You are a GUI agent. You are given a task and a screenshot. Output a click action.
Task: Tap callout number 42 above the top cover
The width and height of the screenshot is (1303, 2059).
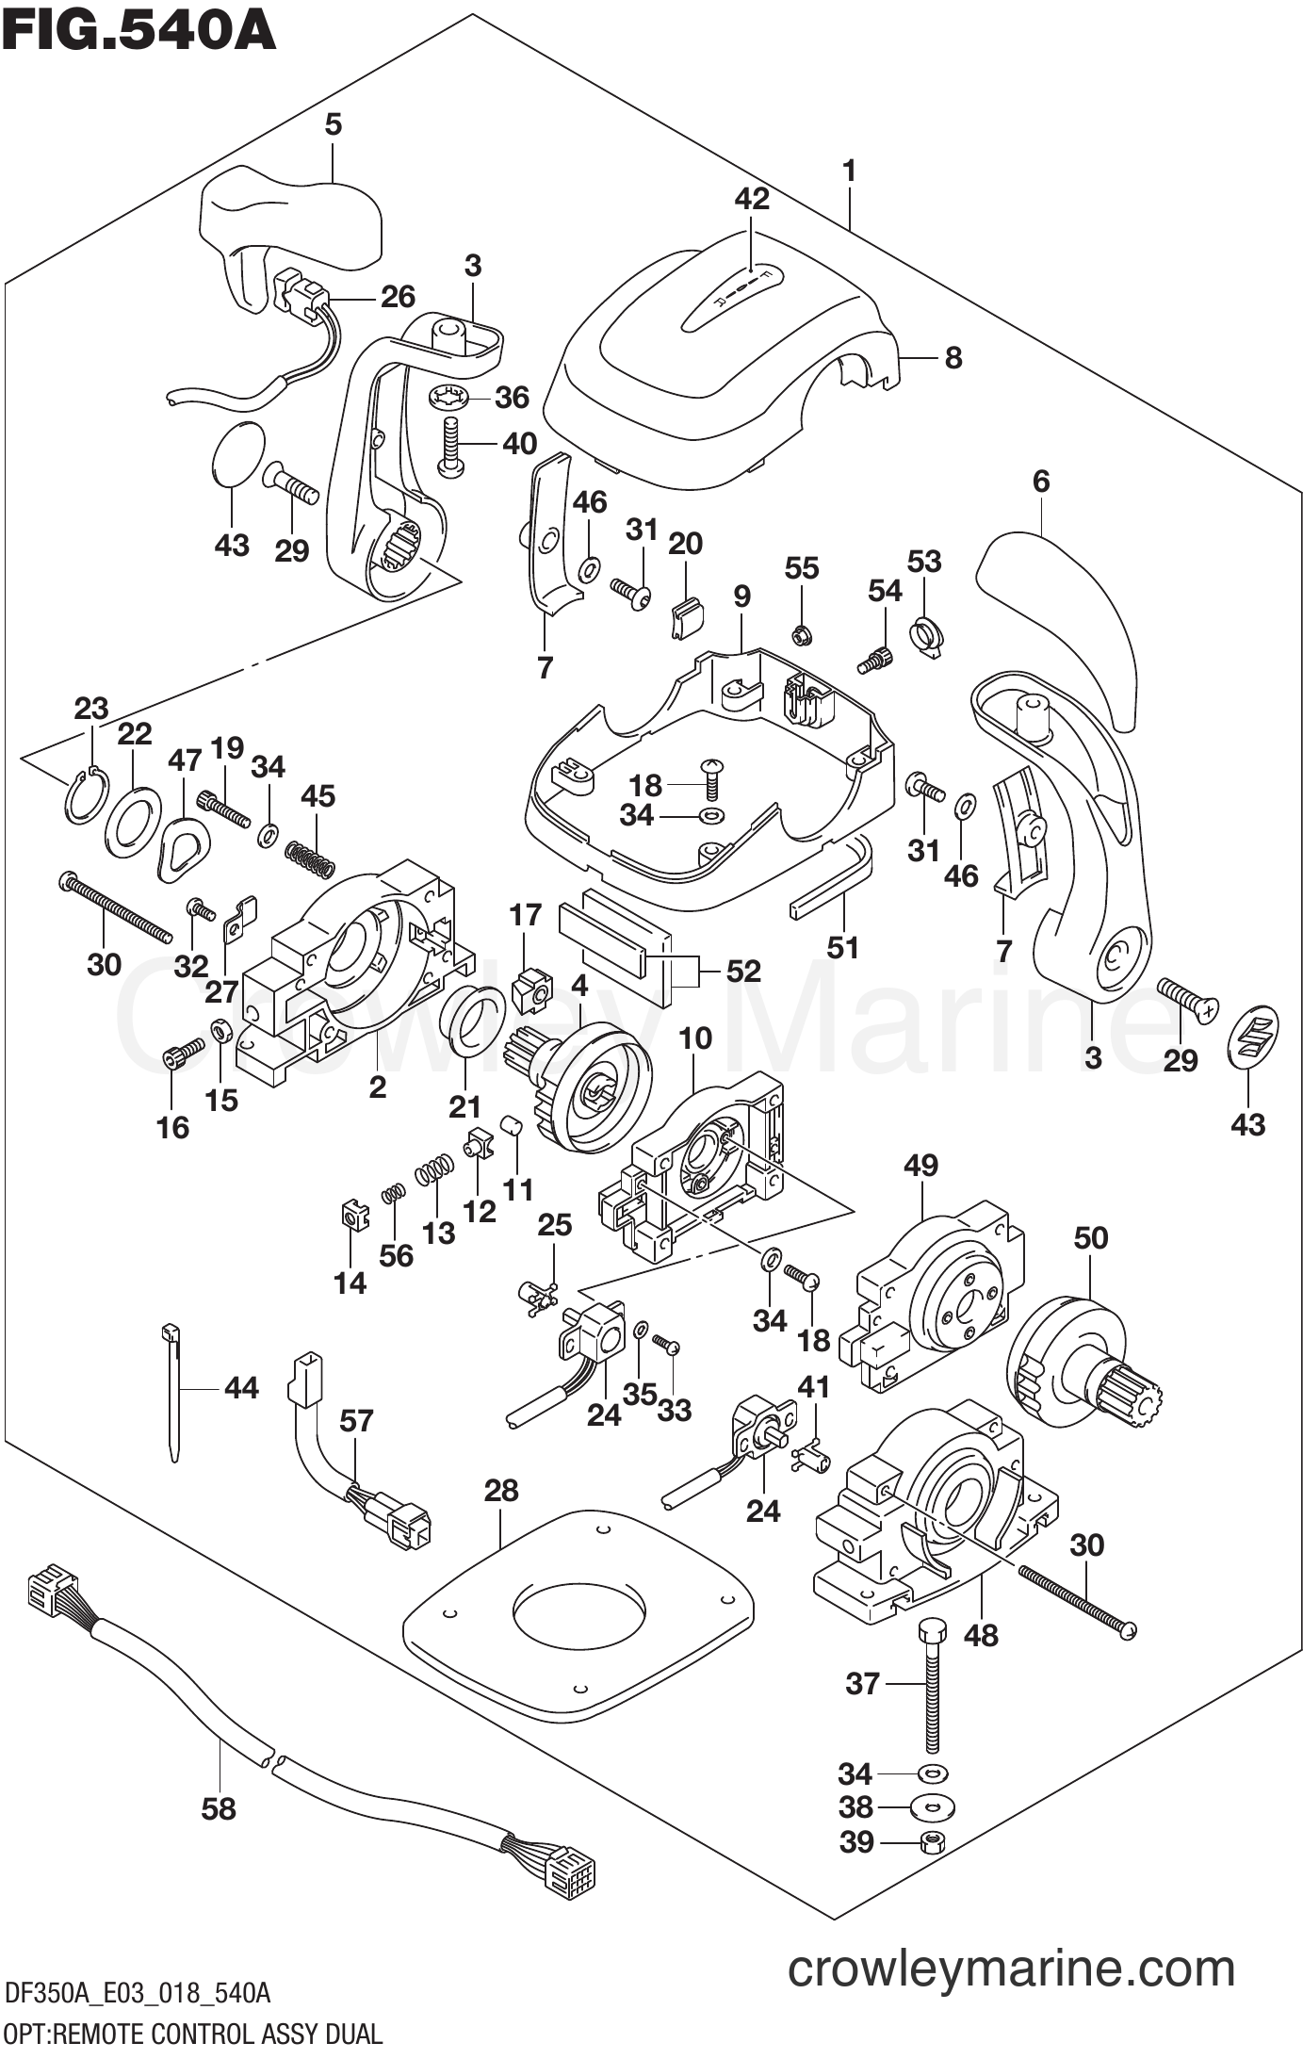(x=752, y=199)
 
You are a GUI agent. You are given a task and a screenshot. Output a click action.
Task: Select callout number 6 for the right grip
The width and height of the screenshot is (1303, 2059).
(x=1040, y=482)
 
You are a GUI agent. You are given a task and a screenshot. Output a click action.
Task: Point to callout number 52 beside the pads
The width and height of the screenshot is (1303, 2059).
(x=742, y=971)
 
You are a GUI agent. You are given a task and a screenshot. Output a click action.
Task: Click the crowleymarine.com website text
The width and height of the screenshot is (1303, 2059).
(x=1010, y=1969)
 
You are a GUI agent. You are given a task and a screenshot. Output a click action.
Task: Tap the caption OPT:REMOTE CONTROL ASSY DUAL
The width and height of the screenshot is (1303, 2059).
(x=192, y=2034)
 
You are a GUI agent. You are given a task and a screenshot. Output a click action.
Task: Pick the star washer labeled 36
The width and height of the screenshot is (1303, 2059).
(x=447, y=398)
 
